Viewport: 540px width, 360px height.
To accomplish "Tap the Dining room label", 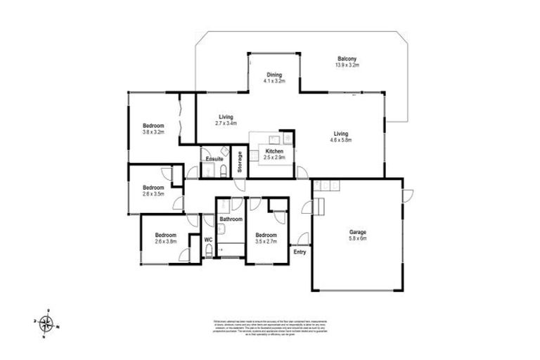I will click(x=274, y=75).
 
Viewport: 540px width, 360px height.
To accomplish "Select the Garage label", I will click(x=358, y=232).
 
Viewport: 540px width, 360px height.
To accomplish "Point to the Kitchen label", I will click(x=274, y=150).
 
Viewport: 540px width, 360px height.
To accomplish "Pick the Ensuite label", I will click(x=214, y=159).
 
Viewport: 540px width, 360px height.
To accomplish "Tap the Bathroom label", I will click(x=229, y=219).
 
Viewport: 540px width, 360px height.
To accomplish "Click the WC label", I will click(x=208, y=240).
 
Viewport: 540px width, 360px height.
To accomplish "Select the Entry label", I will click(x=300, y=251).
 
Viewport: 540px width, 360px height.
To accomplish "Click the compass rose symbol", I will click(x=46, y=323).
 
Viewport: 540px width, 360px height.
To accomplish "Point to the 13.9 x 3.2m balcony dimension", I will click(x=347, y=65).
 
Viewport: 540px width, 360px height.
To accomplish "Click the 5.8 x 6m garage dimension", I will click(x=358, y=238).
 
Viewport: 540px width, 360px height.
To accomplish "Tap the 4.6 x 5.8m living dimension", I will click(x=341, y=140).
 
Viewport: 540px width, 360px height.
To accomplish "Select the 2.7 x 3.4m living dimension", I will click(x=226, y=123).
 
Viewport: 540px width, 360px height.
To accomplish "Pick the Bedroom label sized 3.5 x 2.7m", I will click(x=266, y=235).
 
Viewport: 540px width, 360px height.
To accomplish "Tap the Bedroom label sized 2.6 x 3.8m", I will click(x=165, y=235).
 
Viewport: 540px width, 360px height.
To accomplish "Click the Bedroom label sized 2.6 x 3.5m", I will click(x=153, y=187).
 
